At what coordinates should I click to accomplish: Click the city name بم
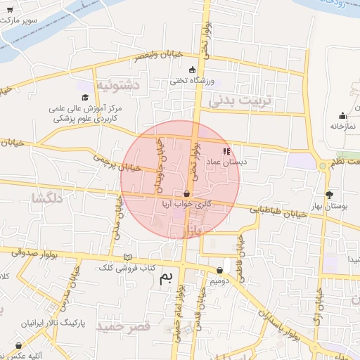click(167, 277)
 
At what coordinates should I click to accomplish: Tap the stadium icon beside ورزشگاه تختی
click(193, 70)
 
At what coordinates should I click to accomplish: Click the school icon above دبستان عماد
click(226, 150)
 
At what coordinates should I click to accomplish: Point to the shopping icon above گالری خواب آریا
click(186, 193)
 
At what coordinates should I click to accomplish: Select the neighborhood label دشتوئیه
click(117, 85)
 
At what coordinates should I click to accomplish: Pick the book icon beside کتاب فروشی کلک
click(127, 257)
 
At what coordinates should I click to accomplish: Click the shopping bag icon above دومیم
click(221, 270)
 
